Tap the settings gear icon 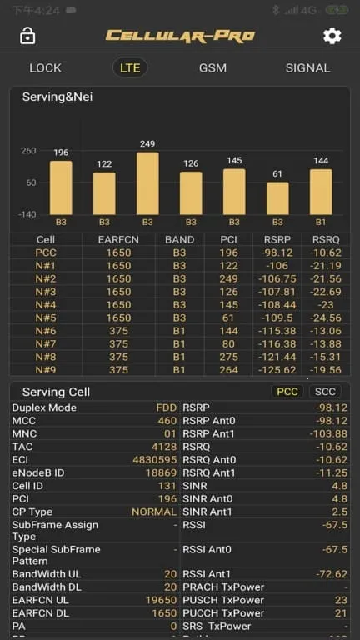pyautogui.click(x=332, y=36)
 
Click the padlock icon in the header pyautogui.click(x=27, y=36)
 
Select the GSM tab pyautogui.click(x=212, y=67)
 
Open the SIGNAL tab pyautogui.click(x=307, y=67)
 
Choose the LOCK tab pyautogui.click(x=45, y=67)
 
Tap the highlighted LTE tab pyautogui.click(x=130, y=67)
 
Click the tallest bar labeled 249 pyautogui.click(x=147, y=183)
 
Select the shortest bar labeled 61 pyautogui.click(x=277, y=198)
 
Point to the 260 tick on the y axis pyautogui.click(x=28, y=151)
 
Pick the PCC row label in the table pyautogui.click(x=46, y=252)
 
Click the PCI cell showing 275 pyautogui.click(x=234, y=357)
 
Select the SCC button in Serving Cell pyautogui.click(x=325, y=391)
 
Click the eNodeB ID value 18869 pyautogui.click(x=161, y=472)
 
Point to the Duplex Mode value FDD pyautogui.click(x=167, y=407)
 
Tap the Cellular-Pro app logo pyautogui.click(x=180, y=36)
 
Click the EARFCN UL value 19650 pyautogui.click(x=160, y=600)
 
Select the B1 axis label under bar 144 pyautogui.click(x=321, y=222)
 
